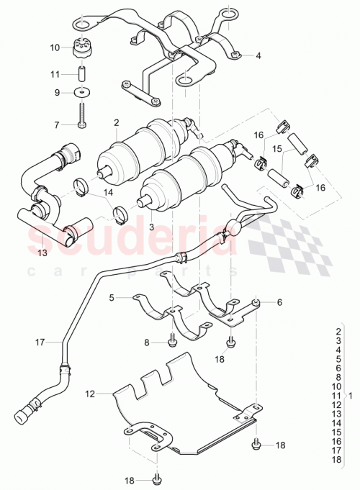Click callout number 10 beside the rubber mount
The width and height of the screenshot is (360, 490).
tap(55, 48)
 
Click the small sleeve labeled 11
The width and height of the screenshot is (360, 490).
tap(84, 73)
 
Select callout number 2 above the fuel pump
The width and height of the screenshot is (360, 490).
tap(115, 124)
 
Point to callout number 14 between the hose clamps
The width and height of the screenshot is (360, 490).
tap(108, 193)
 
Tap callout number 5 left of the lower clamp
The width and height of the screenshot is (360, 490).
tap(112, 296)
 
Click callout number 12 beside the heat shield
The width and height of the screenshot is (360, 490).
tap(89, 394)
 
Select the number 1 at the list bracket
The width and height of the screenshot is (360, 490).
tap(350, 395)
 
